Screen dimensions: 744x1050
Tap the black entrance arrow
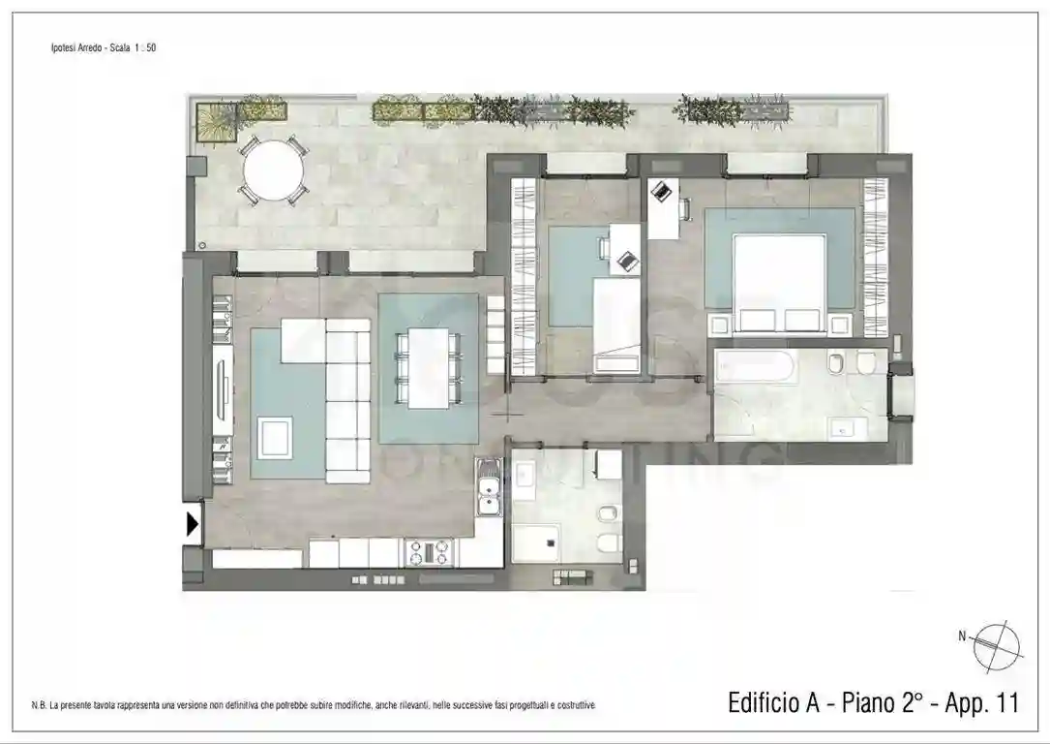tap(193, 524)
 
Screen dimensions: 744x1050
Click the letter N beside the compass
tap(962, 636)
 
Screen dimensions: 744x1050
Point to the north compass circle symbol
tap(998, 643)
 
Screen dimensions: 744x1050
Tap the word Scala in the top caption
tap(122, 46)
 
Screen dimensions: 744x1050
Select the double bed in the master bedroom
tap(779, 283)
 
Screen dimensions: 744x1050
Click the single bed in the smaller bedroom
tap(616, 325)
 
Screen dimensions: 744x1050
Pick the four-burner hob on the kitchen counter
tap(429, 552)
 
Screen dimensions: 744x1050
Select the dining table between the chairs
tap(428, 368)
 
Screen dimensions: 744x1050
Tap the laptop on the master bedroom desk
tap(662, 193)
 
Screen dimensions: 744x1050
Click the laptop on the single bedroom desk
tap(627, 259)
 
